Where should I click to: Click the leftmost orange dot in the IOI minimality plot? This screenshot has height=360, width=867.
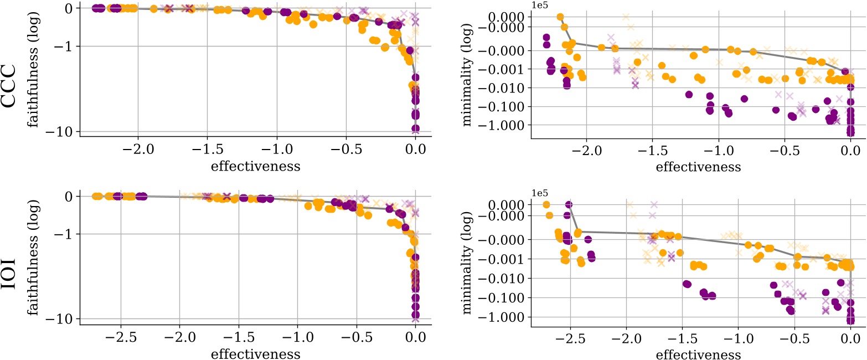(546, 205)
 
